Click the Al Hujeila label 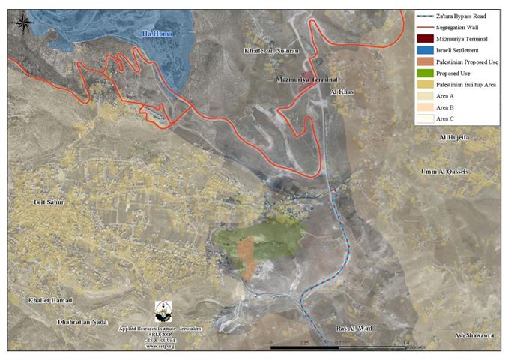pos(454,138)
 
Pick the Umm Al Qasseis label pos(445,172)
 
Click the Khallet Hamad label pos(50,300)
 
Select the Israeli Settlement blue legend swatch pos(425,50)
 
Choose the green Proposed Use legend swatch pos(425,73)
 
